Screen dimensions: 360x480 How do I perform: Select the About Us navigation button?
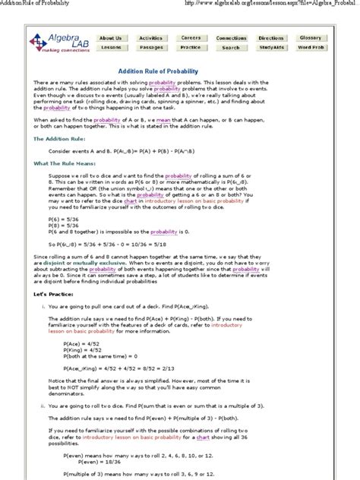[x=110, y=38]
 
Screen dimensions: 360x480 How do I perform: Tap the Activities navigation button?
[x=150, y=38]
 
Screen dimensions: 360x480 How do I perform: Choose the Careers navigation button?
[x=191, y=38]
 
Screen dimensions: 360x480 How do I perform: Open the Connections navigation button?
[x=231, y=38]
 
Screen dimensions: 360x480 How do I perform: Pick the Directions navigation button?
[x=271, y=38]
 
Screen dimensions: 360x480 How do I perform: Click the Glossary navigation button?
[x=311, y=38]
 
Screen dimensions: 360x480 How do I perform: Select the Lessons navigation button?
[x=110, y=47]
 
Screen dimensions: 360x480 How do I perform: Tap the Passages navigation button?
[x=150, y=47]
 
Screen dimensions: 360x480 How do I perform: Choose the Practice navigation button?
[x=191, y=47]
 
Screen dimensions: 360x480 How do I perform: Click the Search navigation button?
[x=231, y=47]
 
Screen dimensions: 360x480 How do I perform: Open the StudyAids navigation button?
[x=271, y=47]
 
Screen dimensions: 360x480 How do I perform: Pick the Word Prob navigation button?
[x=311, y=47]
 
